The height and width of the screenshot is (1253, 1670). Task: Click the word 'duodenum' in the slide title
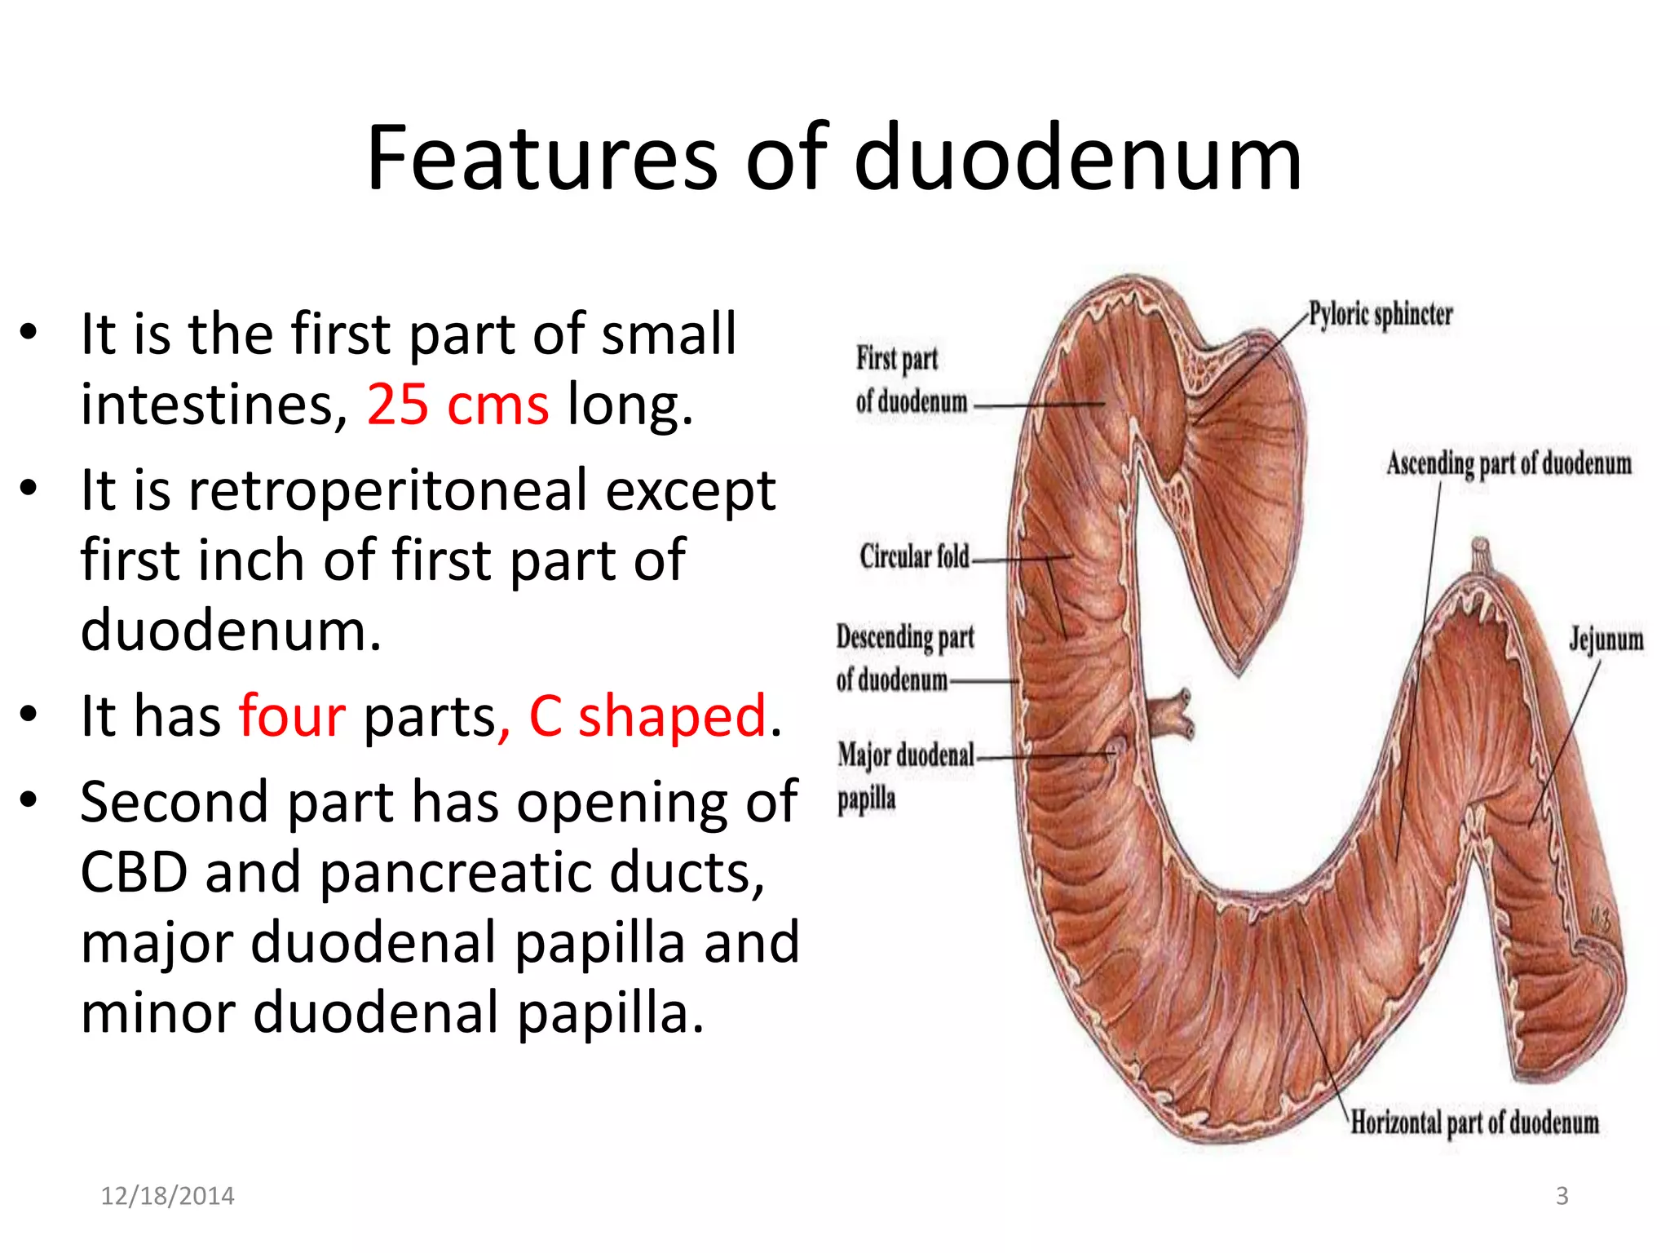1077,158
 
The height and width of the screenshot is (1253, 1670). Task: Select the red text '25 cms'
457,404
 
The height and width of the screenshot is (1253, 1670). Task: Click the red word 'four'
292,715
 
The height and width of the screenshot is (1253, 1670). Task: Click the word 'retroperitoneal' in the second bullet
388,490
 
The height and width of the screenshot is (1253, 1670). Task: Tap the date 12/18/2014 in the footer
167,1196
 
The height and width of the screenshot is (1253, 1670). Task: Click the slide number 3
1562,1196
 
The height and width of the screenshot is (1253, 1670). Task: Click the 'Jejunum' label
1606,640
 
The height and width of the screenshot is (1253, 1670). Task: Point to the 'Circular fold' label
914,557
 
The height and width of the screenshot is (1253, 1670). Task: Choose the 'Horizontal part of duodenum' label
1474,1123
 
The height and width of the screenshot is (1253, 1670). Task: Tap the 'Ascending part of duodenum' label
1509,464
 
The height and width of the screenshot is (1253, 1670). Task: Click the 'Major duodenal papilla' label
905,775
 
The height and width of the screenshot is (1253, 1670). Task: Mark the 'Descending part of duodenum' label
904,657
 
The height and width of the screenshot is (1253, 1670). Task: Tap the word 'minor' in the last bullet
158,1012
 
